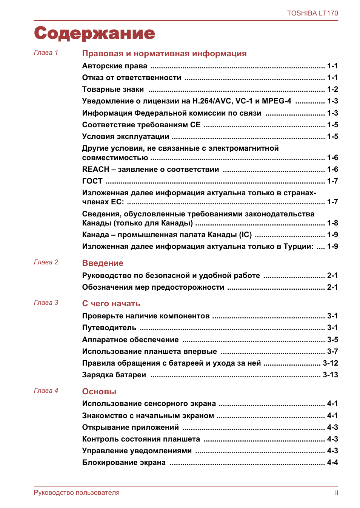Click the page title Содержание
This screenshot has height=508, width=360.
coord(94,33)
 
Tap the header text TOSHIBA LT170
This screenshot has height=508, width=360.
coord(312,13)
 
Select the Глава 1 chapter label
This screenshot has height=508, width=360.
coord(46,52)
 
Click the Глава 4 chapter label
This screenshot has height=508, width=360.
coord(46,391)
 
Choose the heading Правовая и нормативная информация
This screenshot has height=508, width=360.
coord(164,54)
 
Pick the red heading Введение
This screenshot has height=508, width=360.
coord(103,263)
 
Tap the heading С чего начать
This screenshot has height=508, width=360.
coord(111,304)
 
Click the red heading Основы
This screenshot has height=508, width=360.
coord(99,392)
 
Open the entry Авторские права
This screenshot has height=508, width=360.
coord(115,66)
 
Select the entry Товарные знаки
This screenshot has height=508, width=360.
coord(113,90)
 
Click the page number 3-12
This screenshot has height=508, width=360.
coord(330,363)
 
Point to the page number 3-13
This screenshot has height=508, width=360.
coord(330,375)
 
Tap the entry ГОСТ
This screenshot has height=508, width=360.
coord(92,181)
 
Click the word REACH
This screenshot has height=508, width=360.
coord(95,170)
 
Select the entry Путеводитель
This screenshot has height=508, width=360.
coord(109,328)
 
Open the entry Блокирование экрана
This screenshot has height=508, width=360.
coord(124,463)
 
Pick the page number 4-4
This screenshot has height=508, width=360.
coord(332,463)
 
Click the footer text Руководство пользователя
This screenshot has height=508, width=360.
coord(77,493)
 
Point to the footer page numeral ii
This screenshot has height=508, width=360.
coord(336,493)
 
